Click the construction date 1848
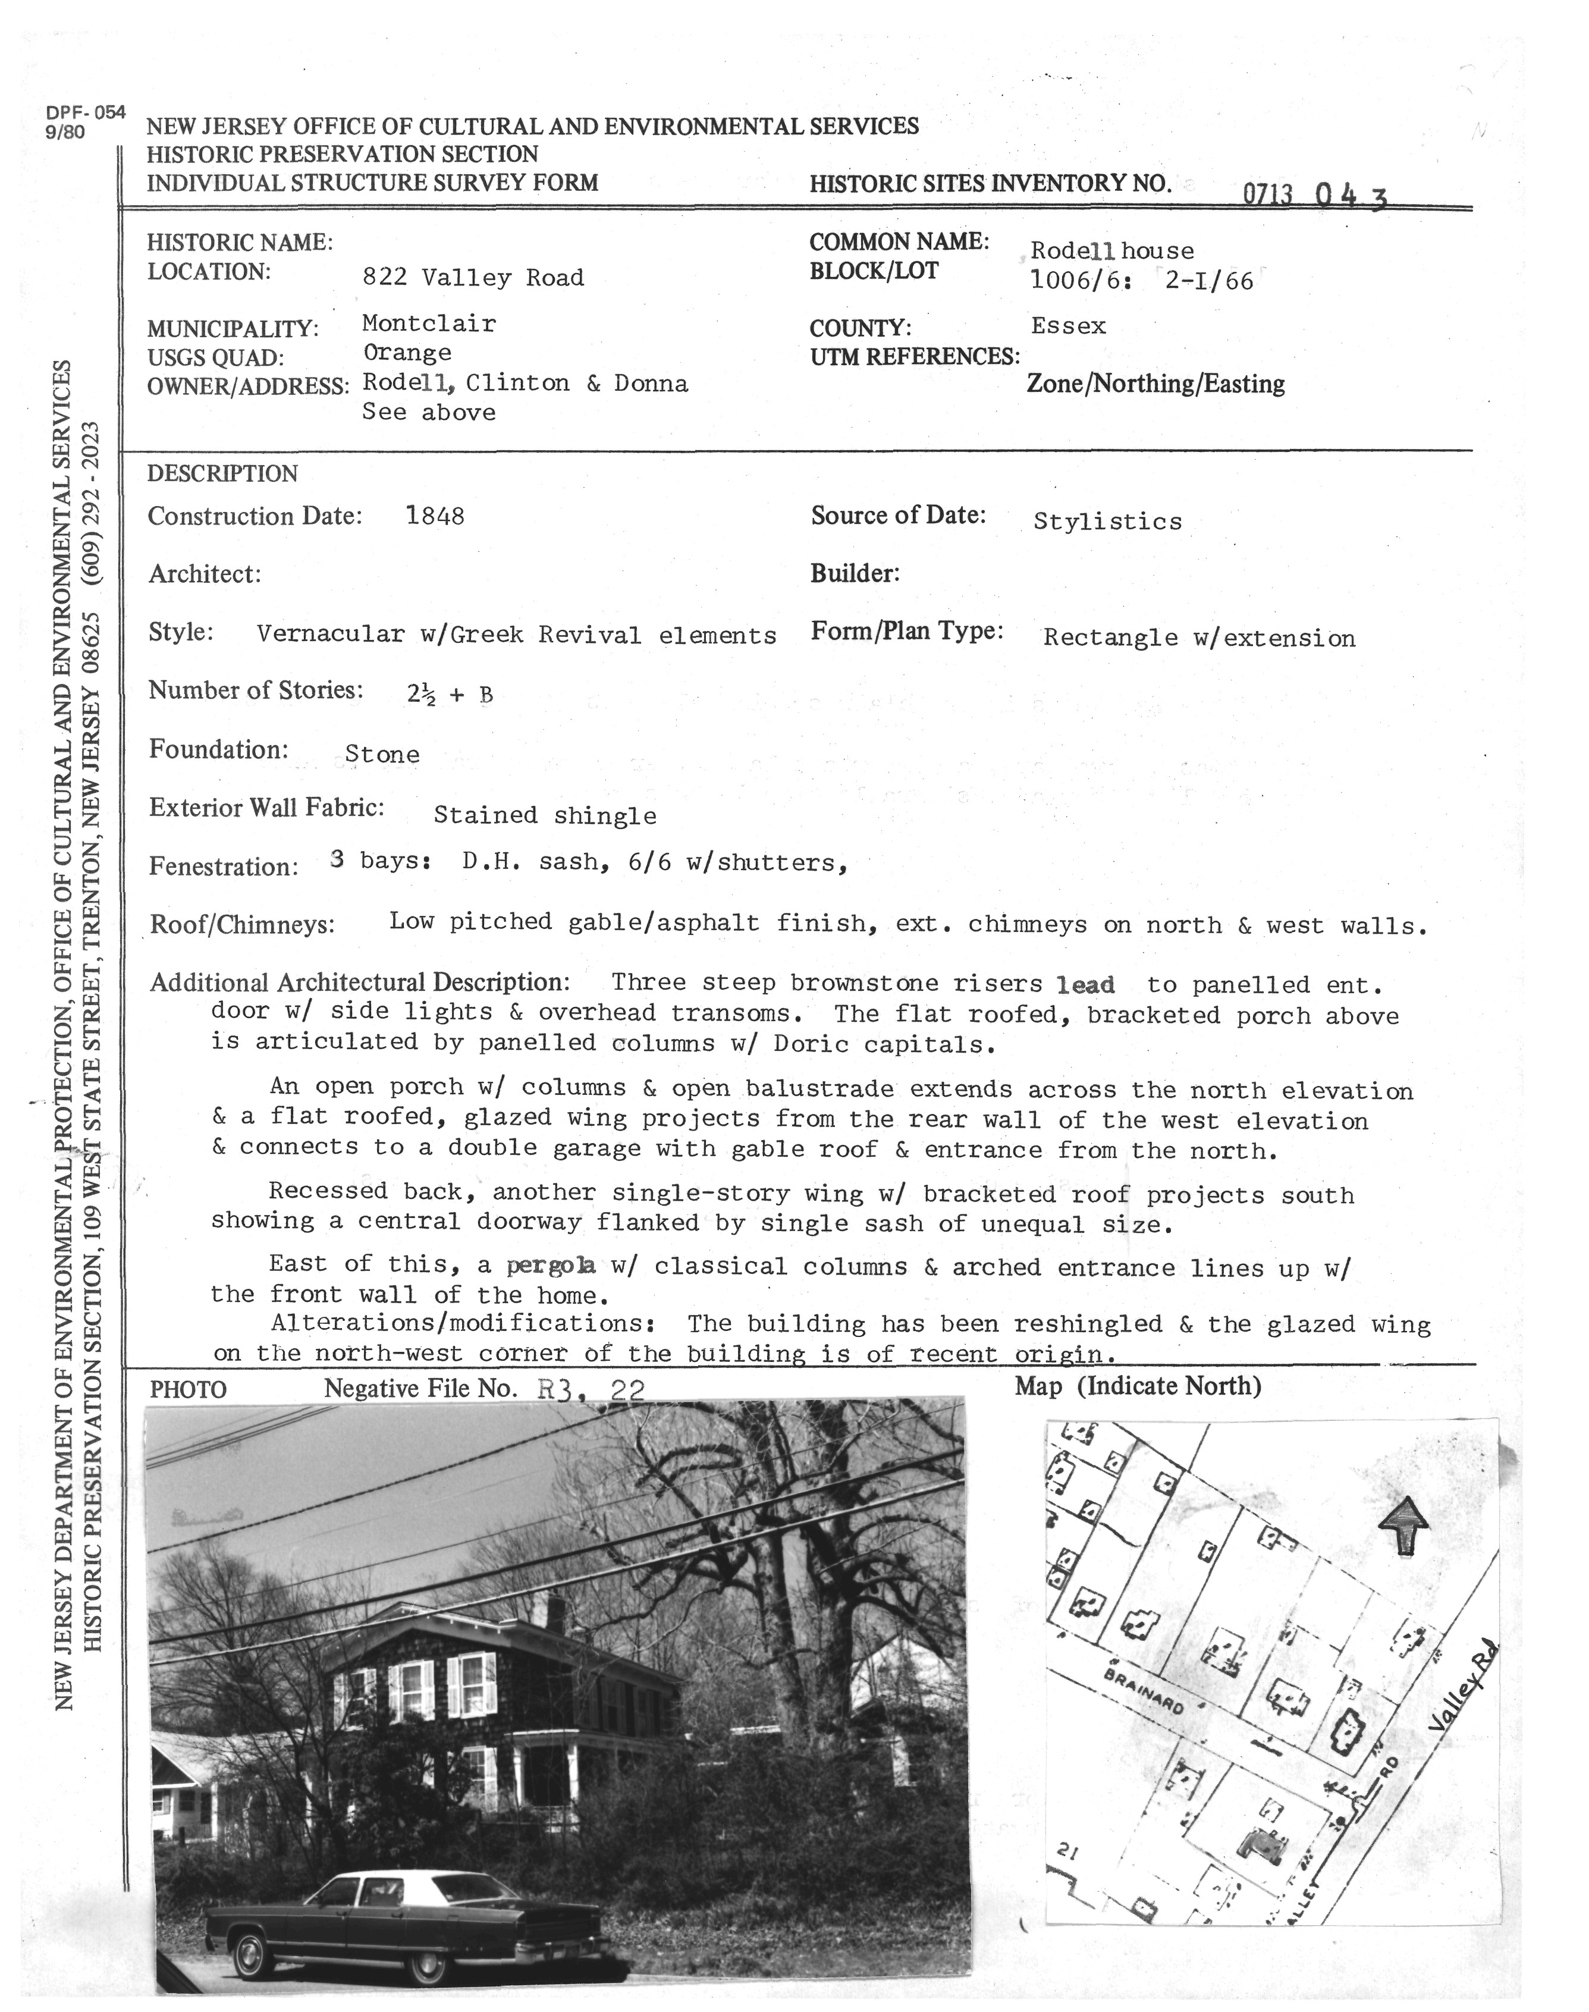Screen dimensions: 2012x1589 click(x=435, y=516)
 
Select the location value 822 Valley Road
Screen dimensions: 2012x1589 click(x=473, y=277)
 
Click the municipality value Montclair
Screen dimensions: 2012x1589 click(x=428, y=324)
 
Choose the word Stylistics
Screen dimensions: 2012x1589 click(x=1107, y=522)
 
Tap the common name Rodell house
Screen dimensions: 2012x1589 click(x=1111, y=251)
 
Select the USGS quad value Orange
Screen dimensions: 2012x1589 click(x=407, y=353)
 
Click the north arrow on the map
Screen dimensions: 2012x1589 click(x=1402, y=1526)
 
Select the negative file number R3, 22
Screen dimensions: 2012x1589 click(x=591, y=1390)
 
